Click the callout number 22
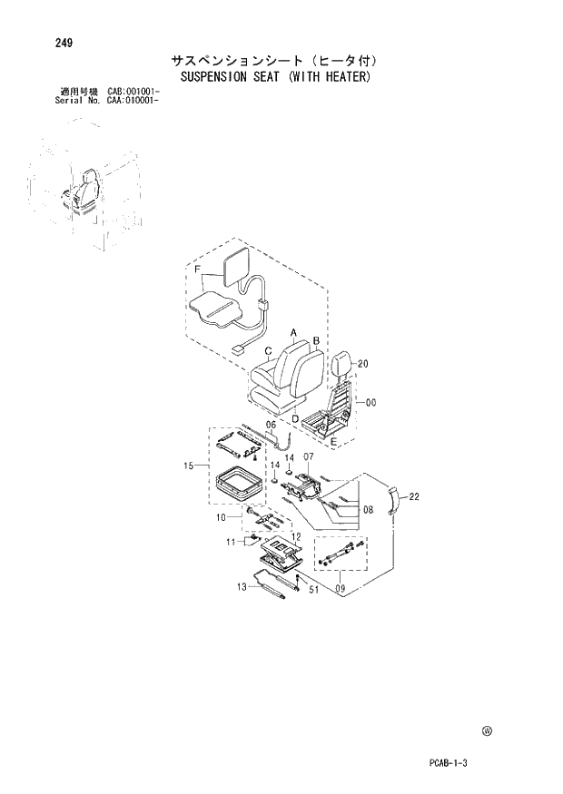[x=413, y=496]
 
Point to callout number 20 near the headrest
[x=363, y=364]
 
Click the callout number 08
[x=368, y=510]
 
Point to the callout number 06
[x=271, y=425]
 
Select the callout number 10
[x=220, y=517]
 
